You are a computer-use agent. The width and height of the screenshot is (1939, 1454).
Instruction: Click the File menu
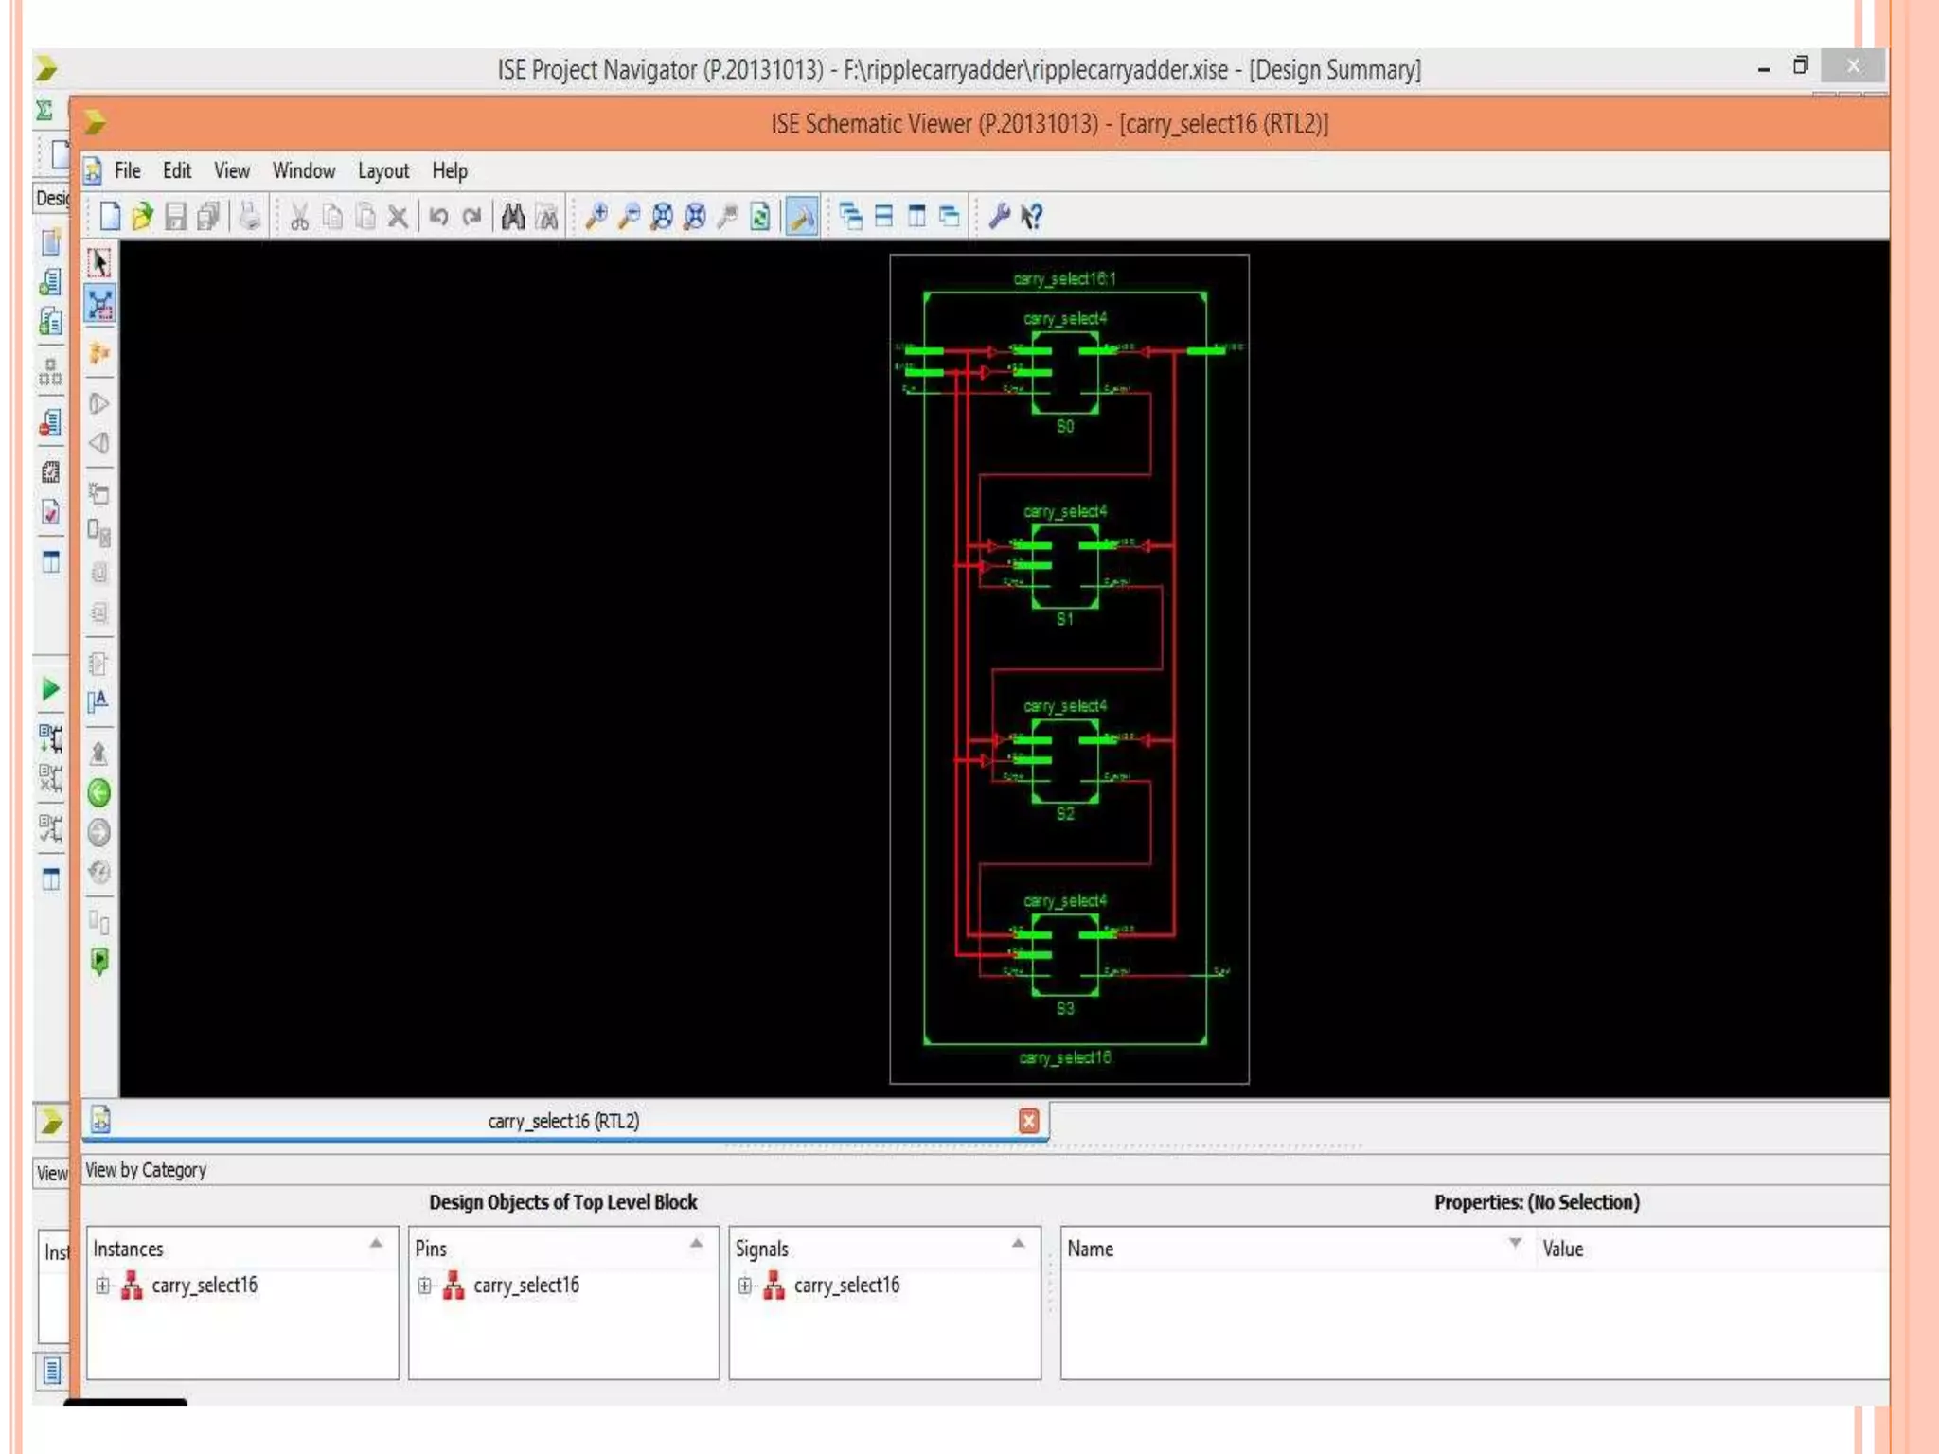pyautogui.click(x=127, y=170)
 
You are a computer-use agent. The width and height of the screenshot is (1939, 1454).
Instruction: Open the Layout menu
pyautogui.click(x=382, y=171)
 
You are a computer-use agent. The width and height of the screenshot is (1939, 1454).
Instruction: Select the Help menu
pyautogui.click(x=450, y=171)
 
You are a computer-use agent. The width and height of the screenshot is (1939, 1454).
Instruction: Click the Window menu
pyautogui.click(x=303, y=170)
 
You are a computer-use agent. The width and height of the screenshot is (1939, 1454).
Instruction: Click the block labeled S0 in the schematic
pyautogui.click(x=1065, y=373)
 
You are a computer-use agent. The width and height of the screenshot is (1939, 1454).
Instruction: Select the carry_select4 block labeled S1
pyautogui.click(x=1065, y=566)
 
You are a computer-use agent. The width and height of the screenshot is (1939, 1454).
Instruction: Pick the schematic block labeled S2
pyautogui.click(x=1065, y=761)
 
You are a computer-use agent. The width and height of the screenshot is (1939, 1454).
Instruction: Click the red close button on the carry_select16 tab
pyautogui.click(x=1028, y=1121)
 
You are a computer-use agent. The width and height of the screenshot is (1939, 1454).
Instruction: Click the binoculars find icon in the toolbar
pyautogui.click(x=513, y=217)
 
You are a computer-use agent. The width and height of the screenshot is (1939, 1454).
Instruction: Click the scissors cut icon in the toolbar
pyautogui.click(x=299, y=217)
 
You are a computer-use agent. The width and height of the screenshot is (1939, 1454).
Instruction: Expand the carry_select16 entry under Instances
pyautogui.click(x=102, y=1286)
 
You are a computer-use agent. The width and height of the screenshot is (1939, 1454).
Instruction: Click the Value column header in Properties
pyautogui.click(x=1562, y=1249)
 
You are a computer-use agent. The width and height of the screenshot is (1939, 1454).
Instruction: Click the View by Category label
pyautogui.click(x=146, y=1170)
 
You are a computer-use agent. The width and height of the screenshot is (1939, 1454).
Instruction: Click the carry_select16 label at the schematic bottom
pyautogui.click(x=1065, y=1057)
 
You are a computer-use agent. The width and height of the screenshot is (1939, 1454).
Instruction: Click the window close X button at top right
pyautogui.click(x=1852, y=66)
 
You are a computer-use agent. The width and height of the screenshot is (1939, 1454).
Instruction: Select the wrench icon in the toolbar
pyautogui.click(x=999, y=217)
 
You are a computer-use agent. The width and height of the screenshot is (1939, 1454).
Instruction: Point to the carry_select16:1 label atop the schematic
pyautogui.click(x=1065, y=278)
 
